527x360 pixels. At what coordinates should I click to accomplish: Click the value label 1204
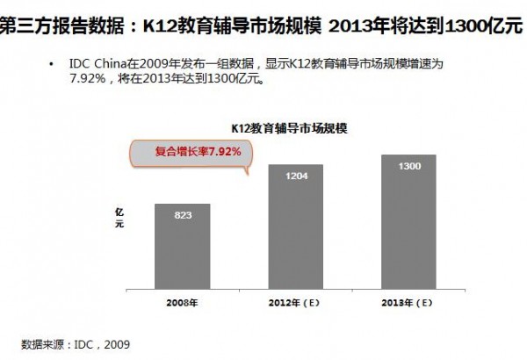click(x=296, y=176)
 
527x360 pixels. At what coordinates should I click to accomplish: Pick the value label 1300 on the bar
click(x=409, y=166)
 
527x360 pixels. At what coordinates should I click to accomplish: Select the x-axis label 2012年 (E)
click(x=296, y=304)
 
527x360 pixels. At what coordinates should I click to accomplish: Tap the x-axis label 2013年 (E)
click(x=409, y=304)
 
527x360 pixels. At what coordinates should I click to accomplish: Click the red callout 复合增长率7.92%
click(x=185, y=151)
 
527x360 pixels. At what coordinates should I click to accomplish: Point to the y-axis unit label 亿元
click(x=119, y=220)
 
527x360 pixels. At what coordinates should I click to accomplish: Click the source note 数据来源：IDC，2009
click(x=76, y=344)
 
